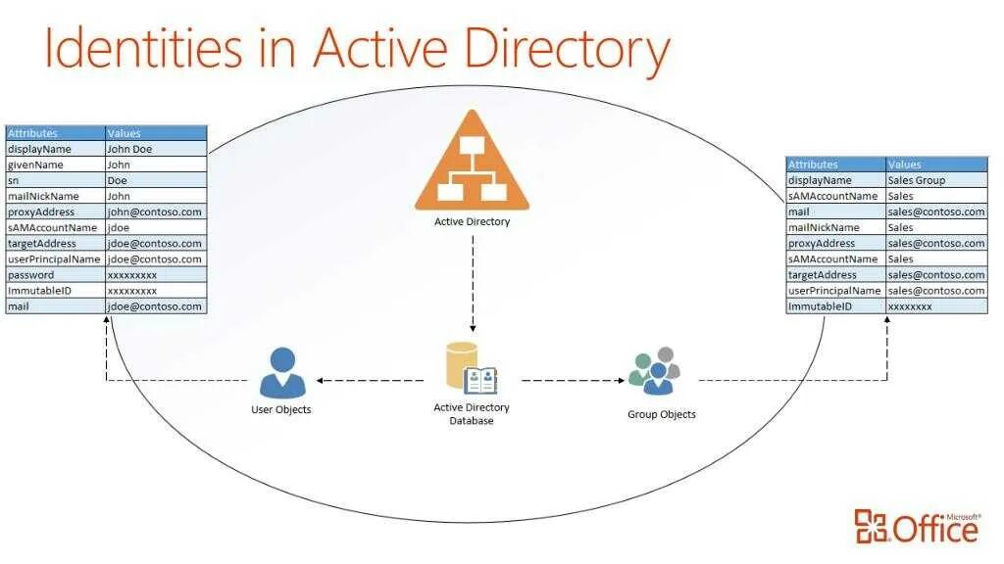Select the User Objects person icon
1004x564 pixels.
(281, 372)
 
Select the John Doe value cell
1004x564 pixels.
(155, 149)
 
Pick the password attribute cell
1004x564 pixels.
(55, 275)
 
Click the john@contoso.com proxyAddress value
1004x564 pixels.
(155, 211)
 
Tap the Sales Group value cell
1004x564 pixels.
(936, 180)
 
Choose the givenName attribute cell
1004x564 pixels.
(55, 164)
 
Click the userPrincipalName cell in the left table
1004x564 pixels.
(55, 259)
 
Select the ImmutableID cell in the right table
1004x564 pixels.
(835, 306)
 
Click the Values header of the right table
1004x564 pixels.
(936, 164)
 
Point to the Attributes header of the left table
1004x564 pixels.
(55, 133)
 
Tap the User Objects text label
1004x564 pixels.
(281, 409)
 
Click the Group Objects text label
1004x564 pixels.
(662, 414)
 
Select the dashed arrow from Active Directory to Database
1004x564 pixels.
(472, 284)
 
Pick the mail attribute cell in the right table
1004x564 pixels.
(835, 211)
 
